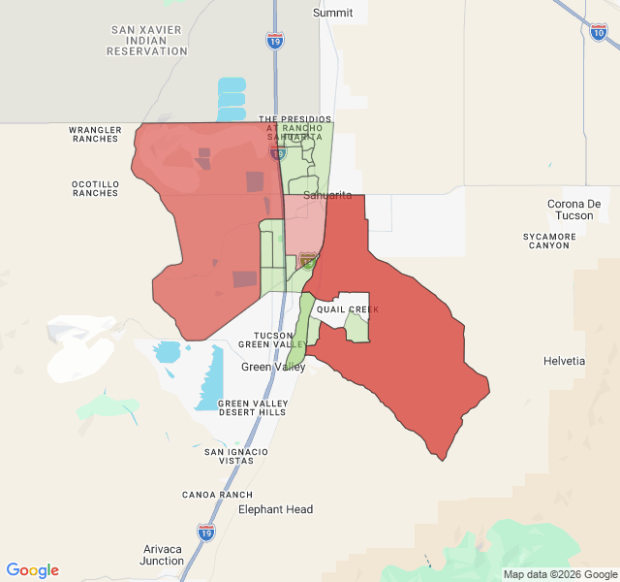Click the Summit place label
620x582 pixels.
(x=333, y=13)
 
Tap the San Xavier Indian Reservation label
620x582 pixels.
(x=147, y=41)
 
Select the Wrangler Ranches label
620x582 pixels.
(x=95, y=134)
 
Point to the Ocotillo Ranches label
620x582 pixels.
(x=95, y=188)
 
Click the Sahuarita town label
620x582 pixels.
(x=327, y=195)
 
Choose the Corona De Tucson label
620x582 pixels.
(x=574, y=210)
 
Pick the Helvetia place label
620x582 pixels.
(x=565, y=361)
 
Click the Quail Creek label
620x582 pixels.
(x=347, y=309)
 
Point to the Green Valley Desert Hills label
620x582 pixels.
(x=252, y=407)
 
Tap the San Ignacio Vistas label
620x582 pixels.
(x=236, y=456)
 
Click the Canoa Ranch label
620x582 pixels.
(x=217, y=495)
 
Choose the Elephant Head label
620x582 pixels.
(x=275, y=509)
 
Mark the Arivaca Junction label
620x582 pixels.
(x=162, y=555)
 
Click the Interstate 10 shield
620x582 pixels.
(x=598, y=32)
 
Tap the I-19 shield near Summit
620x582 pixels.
(x=275, y=40)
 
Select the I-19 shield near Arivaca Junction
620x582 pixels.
(x=205, y=532)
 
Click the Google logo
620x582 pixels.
(x=32, y=570)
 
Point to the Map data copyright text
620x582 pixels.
(x=558, y=574)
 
